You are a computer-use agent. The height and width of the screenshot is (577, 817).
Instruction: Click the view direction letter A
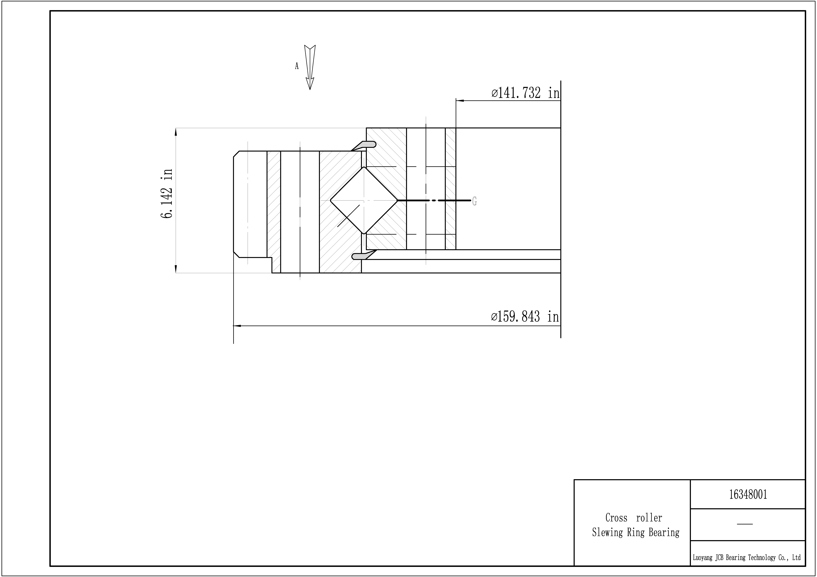297,66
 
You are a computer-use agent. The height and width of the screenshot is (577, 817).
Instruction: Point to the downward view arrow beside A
310,67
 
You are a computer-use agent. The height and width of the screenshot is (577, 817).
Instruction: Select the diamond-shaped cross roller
364,201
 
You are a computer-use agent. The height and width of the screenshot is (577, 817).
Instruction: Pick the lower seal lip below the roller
364,255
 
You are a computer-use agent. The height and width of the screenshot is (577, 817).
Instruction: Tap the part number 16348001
748,495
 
